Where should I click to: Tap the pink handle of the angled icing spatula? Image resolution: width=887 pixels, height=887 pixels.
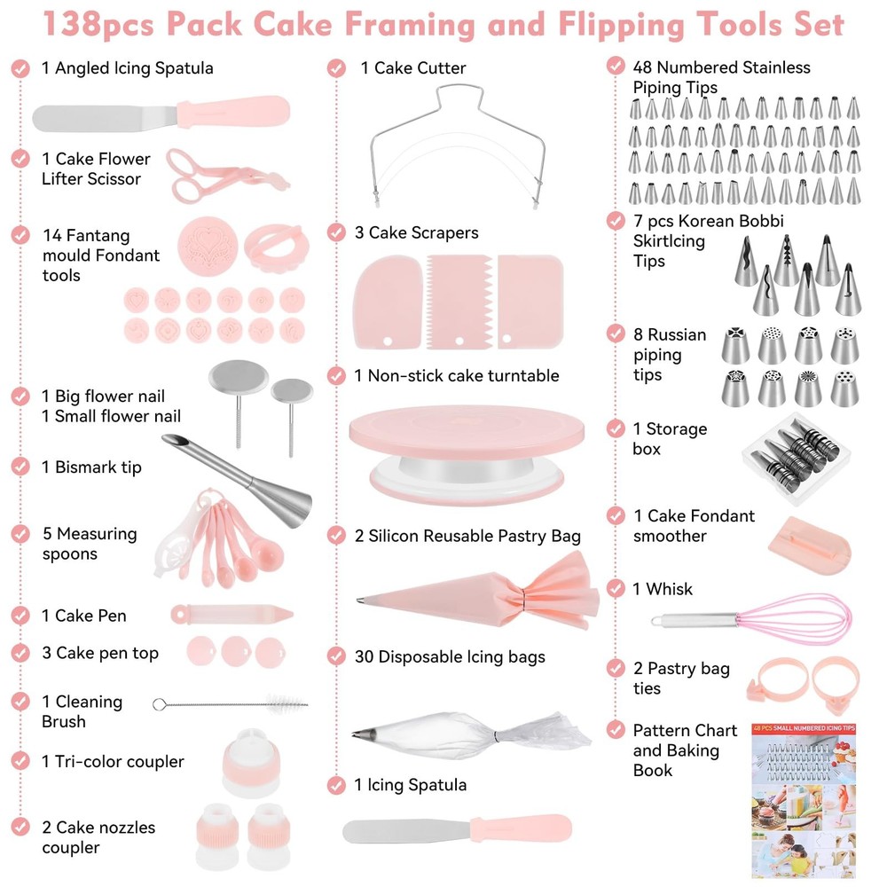pos(233,112)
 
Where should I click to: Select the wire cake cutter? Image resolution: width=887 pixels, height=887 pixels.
pos(457,145)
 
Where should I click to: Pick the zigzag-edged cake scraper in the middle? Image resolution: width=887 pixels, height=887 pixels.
pos(459,302)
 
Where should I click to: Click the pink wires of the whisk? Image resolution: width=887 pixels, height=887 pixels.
pos(795,619)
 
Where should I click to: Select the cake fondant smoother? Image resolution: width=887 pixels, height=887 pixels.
pos(810,546)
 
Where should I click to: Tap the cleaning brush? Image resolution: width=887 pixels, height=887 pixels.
pos(231,704)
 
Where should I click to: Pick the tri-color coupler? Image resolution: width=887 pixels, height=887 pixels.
pos(251,763)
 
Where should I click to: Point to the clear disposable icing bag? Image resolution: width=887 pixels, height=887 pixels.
pos(471,734)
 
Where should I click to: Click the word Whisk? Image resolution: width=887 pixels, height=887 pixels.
pos(669,589)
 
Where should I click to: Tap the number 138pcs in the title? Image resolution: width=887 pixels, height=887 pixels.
pos(98,24)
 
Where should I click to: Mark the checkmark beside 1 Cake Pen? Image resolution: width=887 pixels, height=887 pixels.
pos(20,616)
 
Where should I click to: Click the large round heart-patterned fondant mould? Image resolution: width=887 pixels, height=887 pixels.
pos(208,247)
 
